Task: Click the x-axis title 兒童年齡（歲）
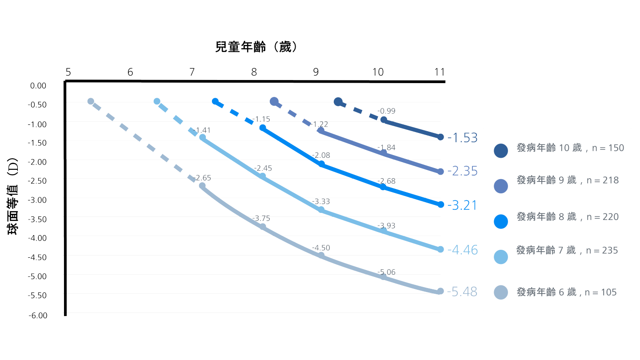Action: coord(256,47)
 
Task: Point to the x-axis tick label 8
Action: coord(254,72)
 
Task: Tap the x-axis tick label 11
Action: coord(440,72)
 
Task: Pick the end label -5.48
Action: coord(462,292)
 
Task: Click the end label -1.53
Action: coord(462,137)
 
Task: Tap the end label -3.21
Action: coord(462,205)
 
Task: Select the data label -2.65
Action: coord(202,178)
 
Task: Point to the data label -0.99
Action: coord(386,111)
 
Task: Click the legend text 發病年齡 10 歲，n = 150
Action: coord(570,148)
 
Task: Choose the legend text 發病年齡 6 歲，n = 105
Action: coord(567,292)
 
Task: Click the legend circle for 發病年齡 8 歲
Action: coord(501,221)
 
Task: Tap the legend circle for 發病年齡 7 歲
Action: coord(501,257)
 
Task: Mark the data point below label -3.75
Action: coord(263,227)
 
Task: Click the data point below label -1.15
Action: coord(263,128)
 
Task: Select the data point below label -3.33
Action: coord(321,210)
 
